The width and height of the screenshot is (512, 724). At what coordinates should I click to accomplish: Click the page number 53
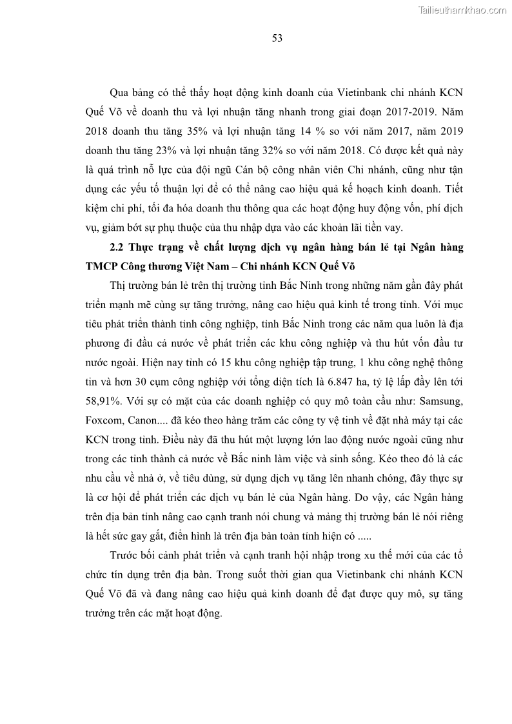(x=277, y=38)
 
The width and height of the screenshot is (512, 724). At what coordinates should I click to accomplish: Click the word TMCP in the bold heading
(x=103, y=265)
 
